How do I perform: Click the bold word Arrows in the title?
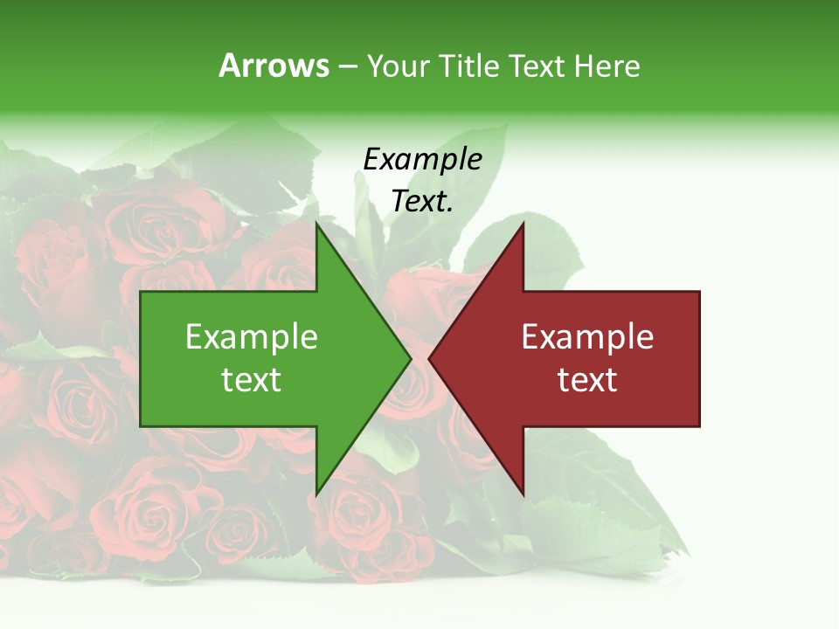(274, 66)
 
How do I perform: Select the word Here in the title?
(607, 66)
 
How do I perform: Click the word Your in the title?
(398, 66)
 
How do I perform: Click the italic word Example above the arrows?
(423, 159)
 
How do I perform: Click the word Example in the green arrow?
(252, 337)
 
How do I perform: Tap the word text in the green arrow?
(252, 379)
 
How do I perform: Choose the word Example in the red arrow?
(587, 337)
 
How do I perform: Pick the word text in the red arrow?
(587, 379)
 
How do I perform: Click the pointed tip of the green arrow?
(411, 358)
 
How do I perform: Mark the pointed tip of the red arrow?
(429, 358)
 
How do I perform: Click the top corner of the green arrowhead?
(316, 223)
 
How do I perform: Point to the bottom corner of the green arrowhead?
(316, 494)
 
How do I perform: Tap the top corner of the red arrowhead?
(523, 223)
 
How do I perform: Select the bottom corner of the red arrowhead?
(523, 494)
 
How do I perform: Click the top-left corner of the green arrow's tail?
(141, 292)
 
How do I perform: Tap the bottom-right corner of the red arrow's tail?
(699, 426)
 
